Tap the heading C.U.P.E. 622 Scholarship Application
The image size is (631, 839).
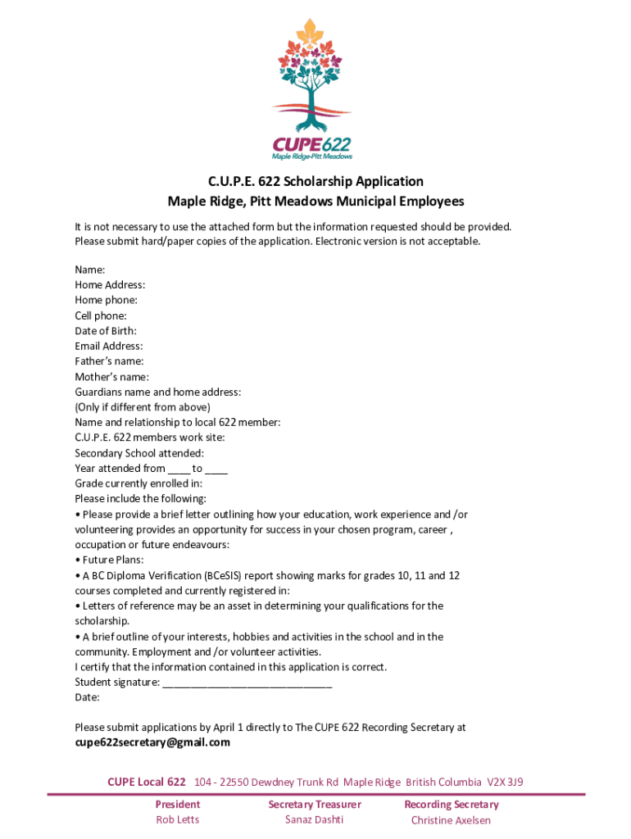click(315, 181)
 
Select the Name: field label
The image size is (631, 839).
click(89, 270)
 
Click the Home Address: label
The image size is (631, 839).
click(110, 285)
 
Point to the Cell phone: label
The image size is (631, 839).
click(101, 315)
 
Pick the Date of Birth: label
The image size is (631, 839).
click(106, 331)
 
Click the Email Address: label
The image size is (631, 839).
click(108, 346)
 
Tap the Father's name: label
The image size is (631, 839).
click(109, 361)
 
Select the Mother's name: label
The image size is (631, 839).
click(111, 377)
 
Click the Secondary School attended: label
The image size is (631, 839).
click(139, 453)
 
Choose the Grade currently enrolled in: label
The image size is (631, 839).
click(138, 483)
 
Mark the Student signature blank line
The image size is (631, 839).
click(247, 683)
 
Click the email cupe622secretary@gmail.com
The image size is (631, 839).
click(152, 742)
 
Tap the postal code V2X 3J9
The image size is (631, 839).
click(505, 782)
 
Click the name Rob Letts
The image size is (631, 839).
click(177, 820)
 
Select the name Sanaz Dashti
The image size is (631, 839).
click(314, 820)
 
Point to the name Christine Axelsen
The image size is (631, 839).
click(451, 820)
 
